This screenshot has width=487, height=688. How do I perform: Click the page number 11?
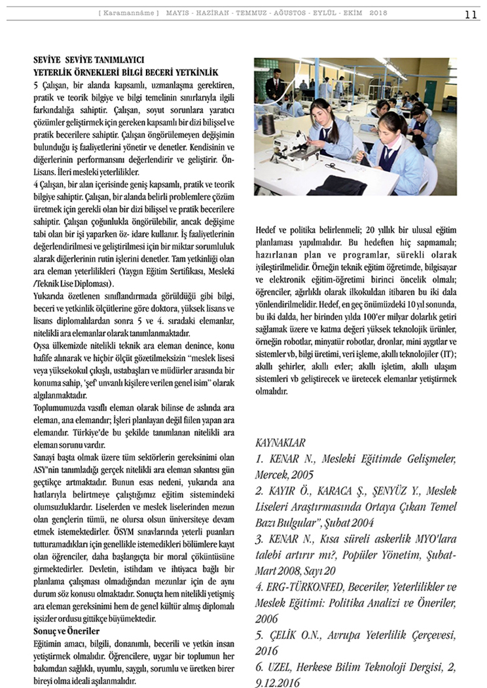[471, 14]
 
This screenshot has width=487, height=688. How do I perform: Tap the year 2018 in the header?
[378, 13]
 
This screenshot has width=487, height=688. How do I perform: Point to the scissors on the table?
[336, 167]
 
